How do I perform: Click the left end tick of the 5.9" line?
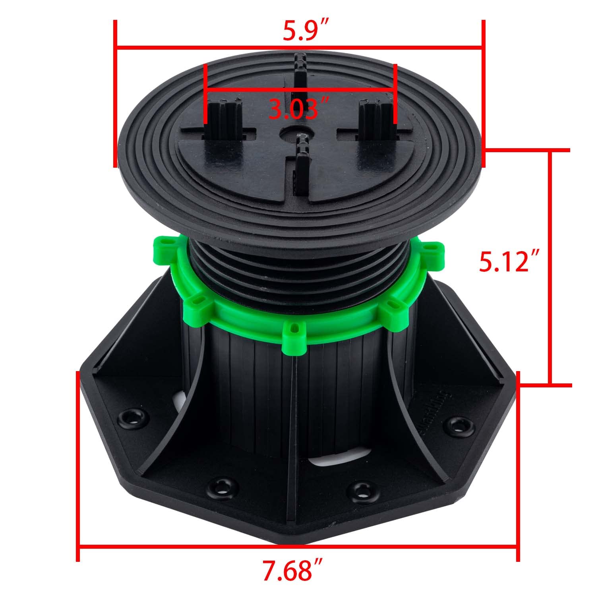tap(115, 93)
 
